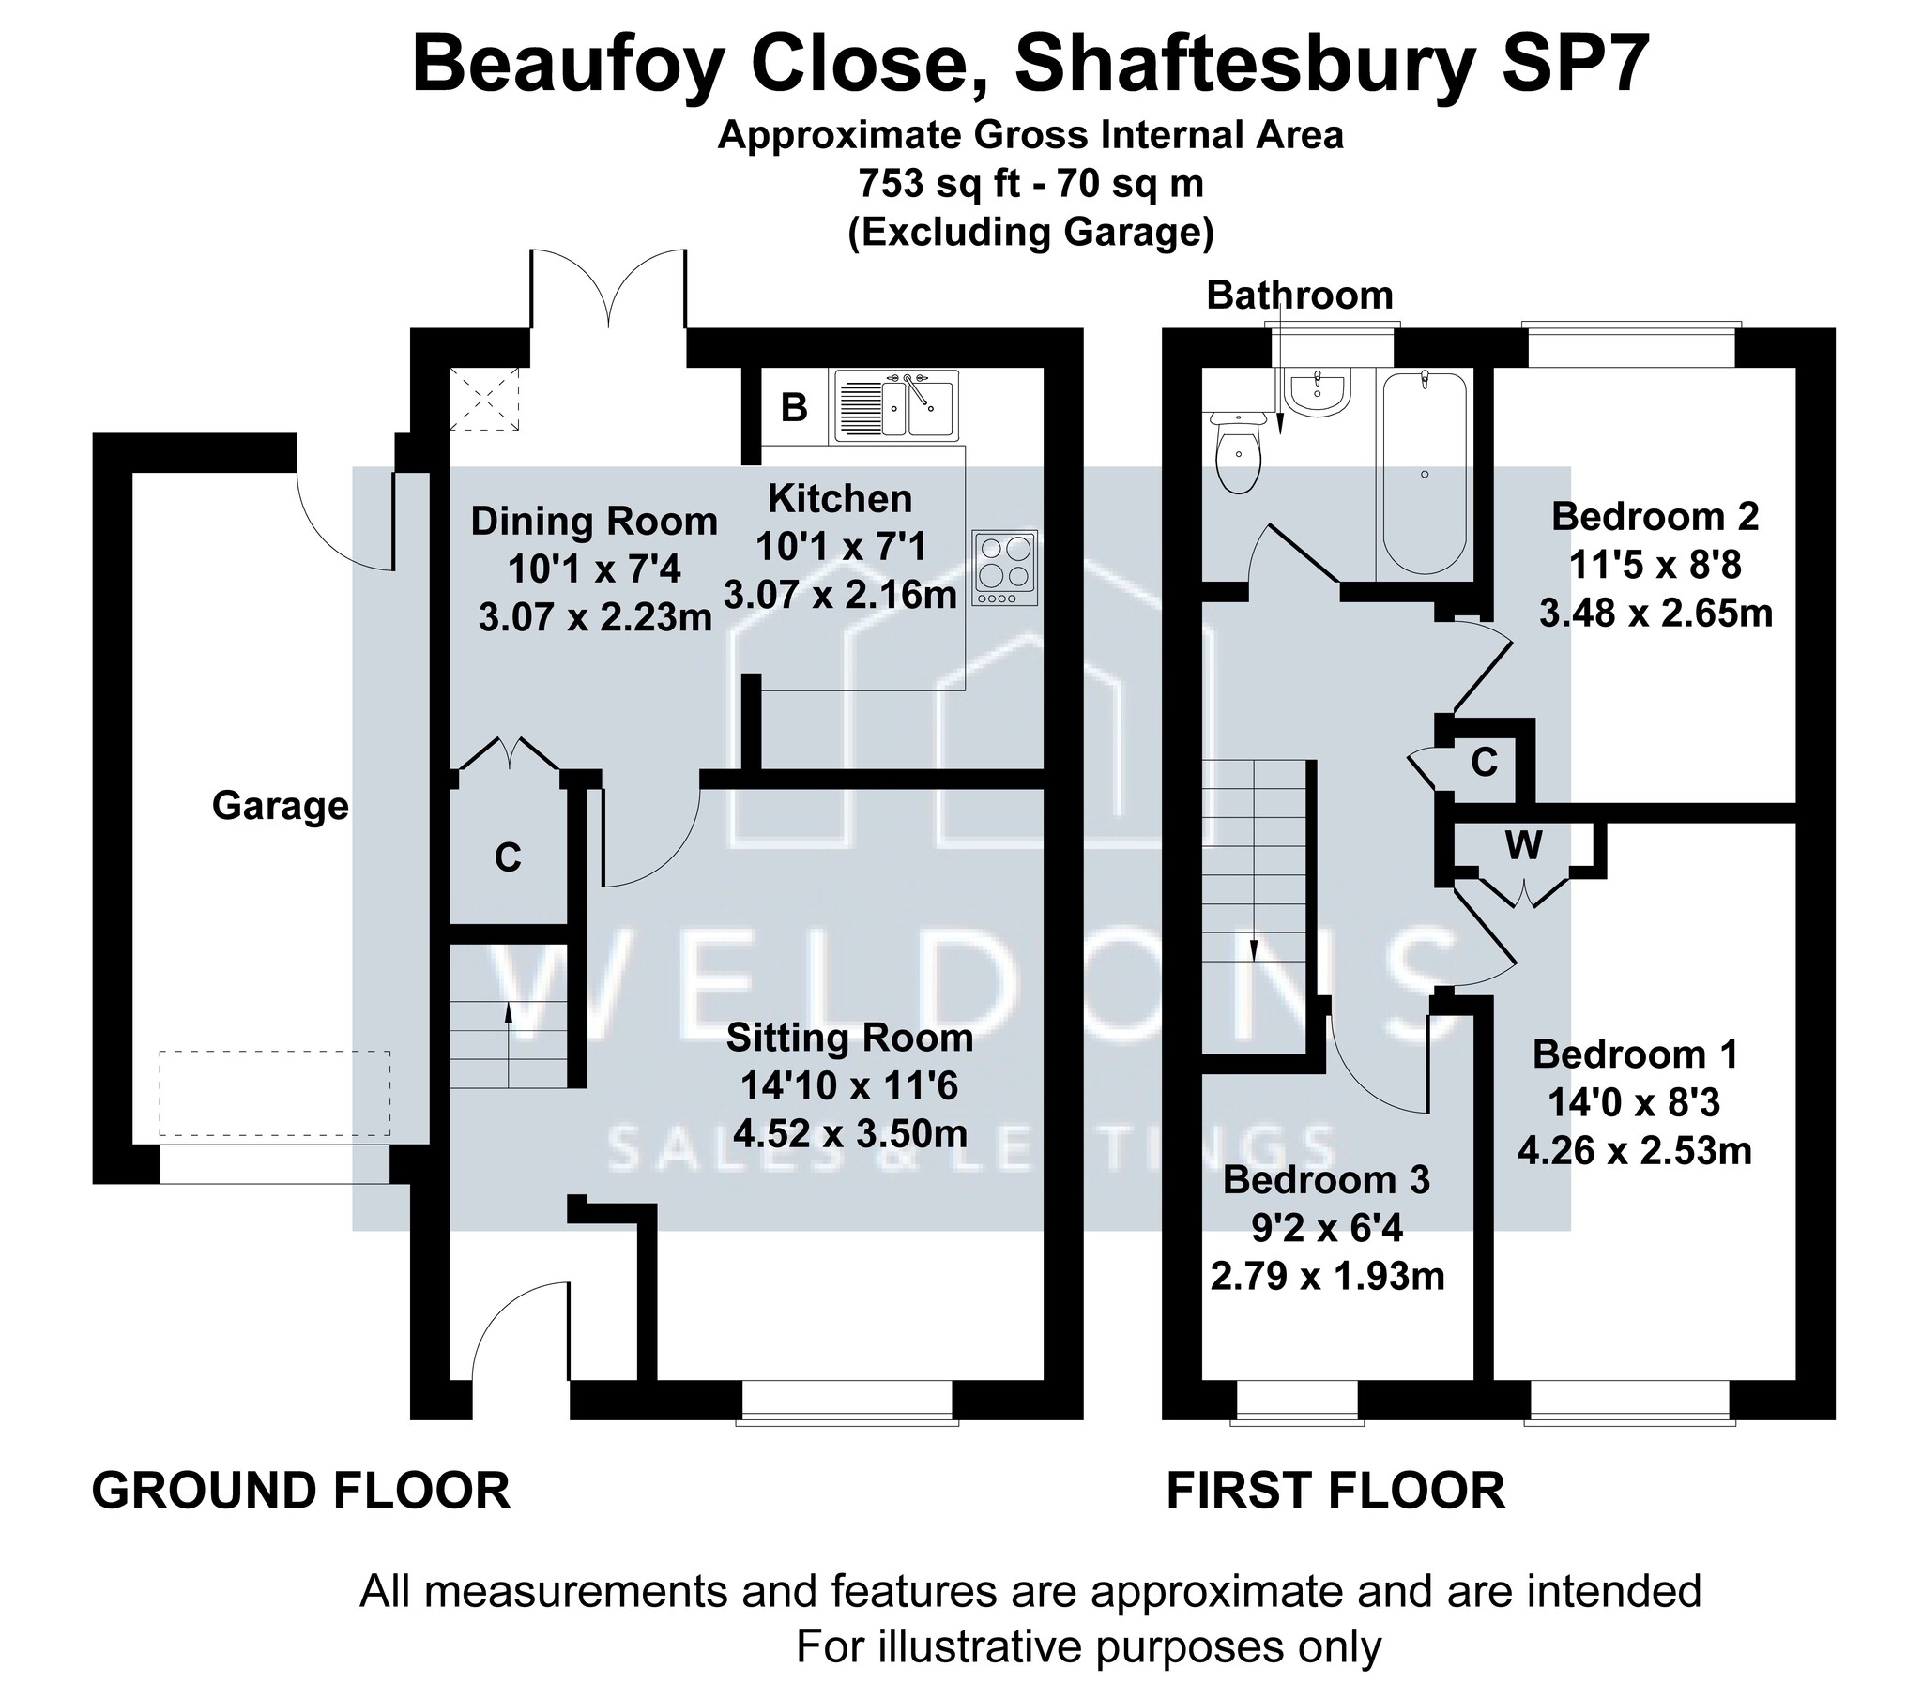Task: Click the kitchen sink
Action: coord(896,405)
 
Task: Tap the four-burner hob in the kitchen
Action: coord(1005,568)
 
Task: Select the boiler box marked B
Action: coord(795,407)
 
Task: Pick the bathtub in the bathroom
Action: coord(1424,472)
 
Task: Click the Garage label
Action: coord(281,807)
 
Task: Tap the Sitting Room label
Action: coord(850,1038)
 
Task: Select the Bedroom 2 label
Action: coord(1655,516)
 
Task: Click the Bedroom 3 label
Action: coord(1327,1179)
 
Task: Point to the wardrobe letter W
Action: coord(1523,846)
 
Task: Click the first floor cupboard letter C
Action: coord(1484,763)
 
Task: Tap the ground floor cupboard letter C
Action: coord(508,857)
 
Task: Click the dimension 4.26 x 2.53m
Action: coord(1634,1151)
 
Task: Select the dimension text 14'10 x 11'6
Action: coord(849,1087)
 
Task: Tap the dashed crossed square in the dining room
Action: coord(485,400)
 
